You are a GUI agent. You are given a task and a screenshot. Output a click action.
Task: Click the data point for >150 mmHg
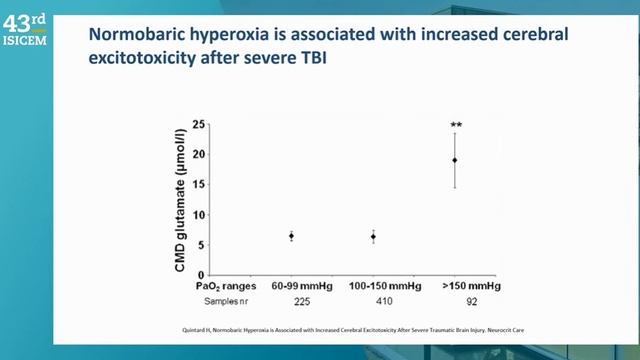455,160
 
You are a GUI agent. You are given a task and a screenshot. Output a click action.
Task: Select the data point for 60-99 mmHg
291,236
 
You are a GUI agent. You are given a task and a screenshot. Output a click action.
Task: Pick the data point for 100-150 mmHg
373,237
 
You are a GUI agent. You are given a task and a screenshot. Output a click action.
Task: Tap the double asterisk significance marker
455,126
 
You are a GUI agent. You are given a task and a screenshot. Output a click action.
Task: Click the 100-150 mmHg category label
373,286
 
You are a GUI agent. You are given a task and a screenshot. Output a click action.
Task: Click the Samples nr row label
207,300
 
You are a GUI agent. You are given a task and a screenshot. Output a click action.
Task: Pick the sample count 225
292,300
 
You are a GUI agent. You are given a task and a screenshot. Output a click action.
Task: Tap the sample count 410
373,300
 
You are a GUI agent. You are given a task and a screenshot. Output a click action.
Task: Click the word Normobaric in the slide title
135,34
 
